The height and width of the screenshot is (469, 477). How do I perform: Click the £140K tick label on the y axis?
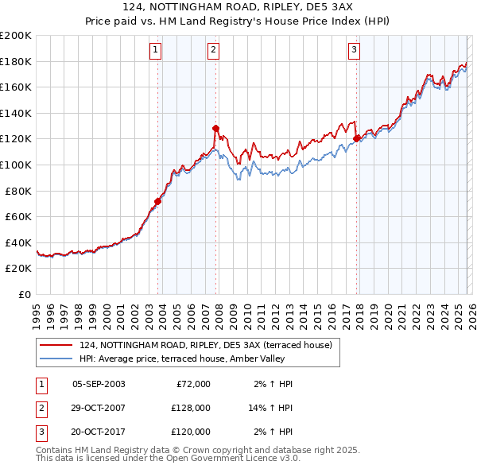[16, 113]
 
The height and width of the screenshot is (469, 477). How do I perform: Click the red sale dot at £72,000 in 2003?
[158, 201]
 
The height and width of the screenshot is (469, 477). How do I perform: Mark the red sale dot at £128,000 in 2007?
[215, 128]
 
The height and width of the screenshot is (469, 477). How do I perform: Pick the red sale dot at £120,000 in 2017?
[356, 138]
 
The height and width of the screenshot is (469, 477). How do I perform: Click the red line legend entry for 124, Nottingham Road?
[210, 345]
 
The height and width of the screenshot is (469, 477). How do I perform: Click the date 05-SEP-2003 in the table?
[99, 384]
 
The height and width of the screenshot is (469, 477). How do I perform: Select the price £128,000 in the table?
[190, 408]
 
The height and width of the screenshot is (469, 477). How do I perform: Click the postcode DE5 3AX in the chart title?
[328, 6]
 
